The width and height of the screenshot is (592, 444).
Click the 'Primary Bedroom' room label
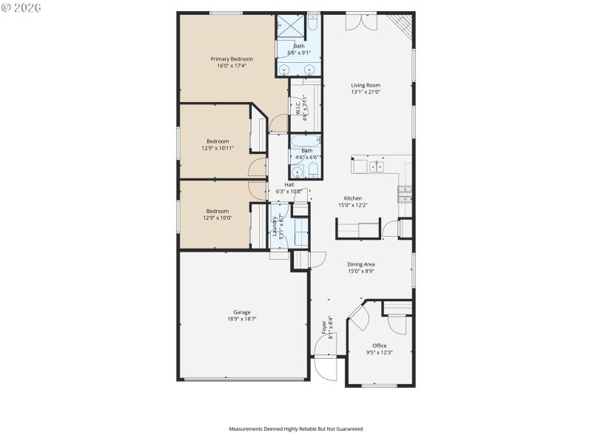(232, 59)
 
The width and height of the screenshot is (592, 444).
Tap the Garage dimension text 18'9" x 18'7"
(243, 320)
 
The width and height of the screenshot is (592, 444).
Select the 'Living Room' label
(366, 85)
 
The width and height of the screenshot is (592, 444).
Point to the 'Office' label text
(379, 346)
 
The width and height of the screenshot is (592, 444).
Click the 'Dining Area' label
(361, 264)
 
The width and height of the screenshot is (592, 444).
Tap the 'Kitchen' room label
(352, 198)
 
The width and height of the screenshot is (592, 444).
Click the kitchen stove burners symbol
(405, 194)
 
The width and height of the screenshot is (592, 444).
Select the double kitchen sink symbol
(376, 166)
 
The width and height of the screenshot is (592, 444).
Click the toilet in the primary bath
(313, 24)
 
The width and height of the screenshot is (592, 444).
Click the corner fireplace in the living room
(402, 24)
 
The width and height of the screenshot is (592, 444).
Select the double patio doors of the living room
(361, 21)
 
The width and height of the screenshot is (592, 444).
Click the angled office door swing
(358, 317)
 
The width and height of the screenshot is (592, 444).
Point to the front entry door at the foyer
(326, 368)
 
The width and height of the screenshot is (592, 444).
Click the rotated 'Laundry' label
(275, 224)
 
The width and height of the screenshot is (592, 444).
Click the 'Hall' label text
(289, 185)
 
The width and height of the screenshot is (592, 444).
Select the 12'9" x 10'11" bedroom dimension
(218, 148)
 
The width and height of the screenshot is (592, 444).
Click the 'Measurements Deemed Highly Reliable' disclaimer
(296, 428)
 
